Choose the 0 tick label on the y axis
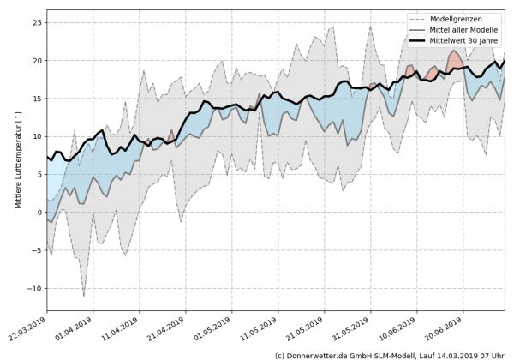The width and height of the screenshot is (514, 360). coord(38,213)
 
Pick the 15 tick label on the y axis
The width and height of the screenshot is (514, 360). coord(36,99)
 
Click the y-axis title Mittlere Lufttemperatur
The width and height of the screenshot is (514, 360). coord(17,164)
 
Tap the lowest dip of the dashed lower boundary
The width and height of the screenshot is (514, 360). coord(84,297)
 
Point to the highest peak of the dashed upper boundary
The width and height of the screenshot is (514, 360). coord(371,26)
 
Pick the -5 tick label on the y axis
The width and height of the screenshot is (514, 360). coord(36,250)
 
